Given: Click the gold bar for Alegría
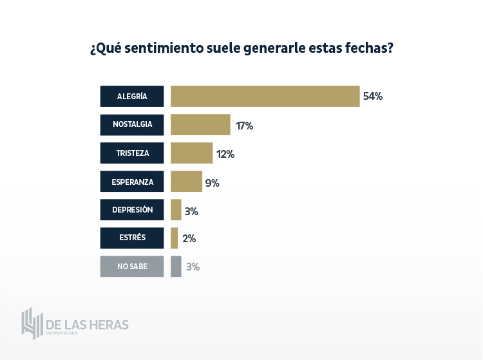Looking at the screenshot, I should pos(265,96).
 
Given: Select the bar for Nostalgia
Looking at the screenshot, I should pos(200,125).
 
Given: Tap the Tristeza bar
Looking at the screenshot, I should pos(191,153).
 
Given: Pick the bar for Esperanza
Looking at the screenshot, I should pos(186,182).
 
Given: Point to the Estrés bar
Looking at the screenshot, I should pos(174,238).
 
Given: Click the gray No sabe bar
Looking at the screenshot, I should pos(176,267).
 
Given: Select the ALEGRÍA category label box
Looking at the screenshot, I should pos(132,96).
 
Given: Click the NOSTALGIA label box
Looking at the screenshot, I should pos(132,125).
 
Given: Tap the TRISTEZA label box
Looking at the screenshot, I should pos(132,153).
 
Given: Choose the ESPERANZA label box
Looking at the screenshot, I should pos(132,182).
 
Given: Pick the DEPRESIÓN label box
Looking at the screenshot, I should pos(132,210).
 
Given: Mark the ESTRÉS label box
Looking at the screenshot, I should pos(132,238).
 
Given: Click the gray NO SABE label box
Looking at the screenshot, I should pos(132,267).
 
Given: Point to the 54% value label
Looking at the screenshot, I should pos(373,97).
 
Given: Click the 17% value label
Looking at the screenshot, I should pos(244,126).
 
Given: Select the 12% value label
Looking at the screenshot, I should pos(225,154).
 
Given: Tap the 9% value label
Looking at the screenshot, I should pos(213,182).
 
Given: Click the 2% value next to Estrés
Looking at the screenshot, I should pos(189,238).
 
